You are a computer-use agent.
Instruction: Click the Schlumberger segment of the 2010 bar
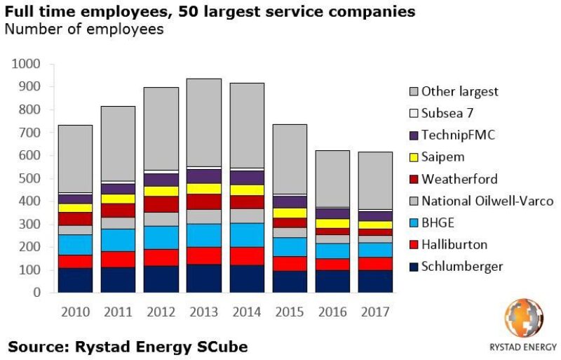(75, 280)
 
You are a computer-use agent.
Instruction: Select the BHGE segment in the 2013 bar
(203, 235)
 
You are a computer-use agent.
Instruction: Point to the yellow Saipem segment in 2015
(289, 213)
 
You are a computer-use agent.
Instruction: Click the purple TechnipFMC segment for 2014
(246, 178)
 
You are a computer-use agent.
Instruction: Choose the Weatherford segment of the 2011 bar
(118, 211)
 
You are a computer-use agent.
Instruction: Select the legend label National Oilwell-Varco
(487, 201)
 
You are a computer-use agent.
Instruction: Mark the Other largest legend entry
(459, 91)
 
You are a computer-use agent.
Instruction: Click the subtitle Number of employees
(84, 29)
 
